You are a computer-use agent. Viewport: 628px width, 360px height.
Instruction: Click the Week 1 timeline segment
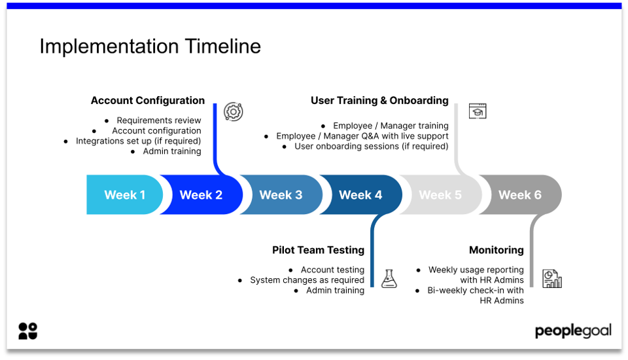(124, 195)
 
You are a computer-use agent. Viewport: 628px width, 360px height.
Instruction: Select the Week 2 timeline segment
(201, 195)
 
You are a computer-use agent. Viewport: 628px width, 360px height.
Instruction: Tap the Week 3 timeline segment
(281, 195)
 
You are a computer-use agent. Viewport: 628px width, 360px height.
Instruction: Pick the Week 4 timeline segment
(360, 195)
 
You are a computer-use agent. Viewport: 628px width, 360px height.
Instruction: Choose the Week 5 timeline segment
(440, 195)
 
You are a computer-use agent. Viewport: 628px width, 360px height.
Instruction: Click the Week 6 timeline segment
(520, 195)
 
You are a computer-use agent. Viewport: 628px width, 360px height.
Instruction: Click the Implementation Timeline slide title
(150, 46)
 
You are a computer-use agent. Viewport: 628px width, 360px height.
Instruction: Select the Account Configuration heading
(147, 101)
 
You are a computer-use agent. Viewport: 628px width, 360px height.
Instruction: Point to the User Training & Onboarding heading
(379, 101)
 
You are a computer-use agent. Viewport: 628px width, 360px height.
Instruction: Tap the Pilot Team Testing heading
(318, 250)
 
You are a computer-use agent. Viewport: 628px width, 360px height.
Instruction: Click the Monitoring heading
(496, 250)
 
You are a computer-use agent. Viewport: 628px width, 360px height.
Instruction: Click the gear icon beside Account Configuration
(233, 112)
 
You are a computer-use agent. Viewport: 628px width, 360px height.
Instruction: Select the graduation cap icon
(478, 111)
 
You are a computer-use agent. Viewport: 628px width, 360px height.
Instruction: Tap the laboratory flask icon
(389, 279)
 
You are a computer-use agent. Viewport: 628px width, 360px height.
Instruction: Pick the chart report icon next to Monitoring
(552, 279)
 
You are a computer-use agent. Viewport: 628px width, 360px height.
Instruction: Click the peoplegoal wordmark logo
(573, 331)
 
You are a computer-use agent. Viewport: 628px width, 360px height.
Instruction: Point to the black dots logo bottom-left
(28, 331)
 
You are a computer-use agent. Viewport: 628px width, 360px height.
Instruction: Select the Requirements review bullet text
(158, 120)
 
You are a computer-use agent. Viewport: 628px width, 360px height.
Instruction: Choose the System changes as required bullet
(307, 280)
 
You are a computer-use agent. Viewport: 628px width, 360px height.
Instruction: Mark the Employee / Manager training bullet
(391, 126)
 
